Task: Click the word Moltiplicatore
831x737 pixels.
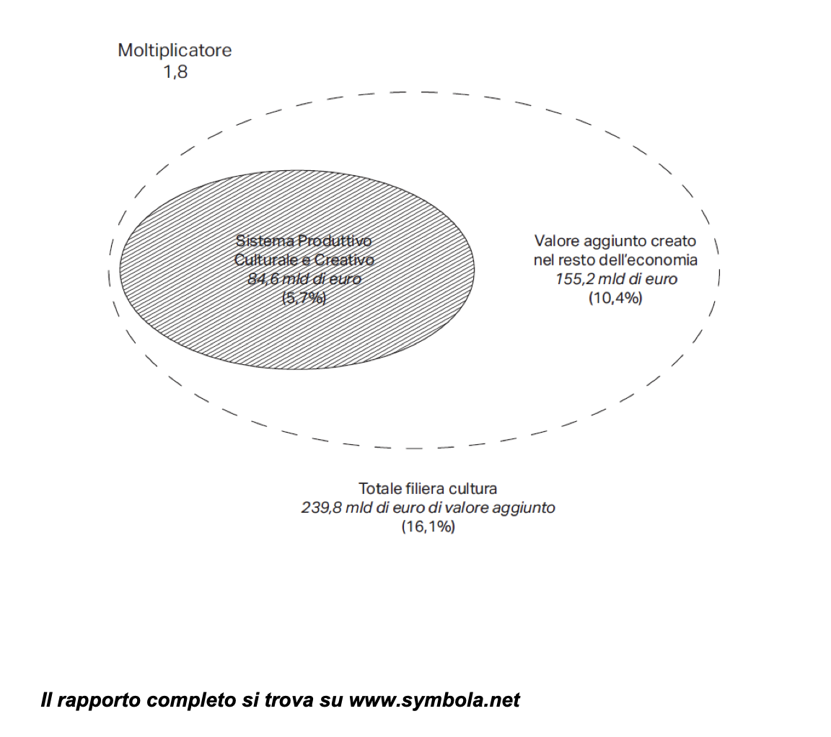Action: (175, 50)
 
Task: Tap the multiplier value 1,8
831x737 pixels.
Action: (175, 71)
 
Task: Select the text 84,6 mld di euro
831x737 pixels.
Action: (304, 279)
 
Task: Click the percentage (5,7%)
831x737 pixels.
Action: (304, 299)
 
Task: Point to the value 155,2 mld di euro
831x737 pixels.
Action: (616, 279)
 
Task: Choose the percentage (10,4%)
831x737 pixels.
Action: (615, 299)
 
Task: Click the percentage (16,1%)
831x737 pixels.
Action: (428, 526)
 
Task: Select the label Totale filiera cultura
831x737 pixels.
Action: (428, 488)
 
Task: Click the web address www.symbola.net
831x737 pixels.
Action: (434, 700)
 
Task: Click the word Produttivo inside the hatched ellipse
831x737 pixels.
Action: (335, 241)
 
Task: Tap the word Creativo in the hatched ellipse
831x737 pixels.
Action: (345, 260)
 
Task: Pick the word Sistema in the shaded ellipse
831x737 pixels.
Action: (265, 241)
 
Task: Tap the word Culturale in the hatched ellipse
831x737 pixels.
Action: (268, 260)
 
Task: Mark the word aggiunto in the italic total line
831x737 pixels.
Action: (524, 508)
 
